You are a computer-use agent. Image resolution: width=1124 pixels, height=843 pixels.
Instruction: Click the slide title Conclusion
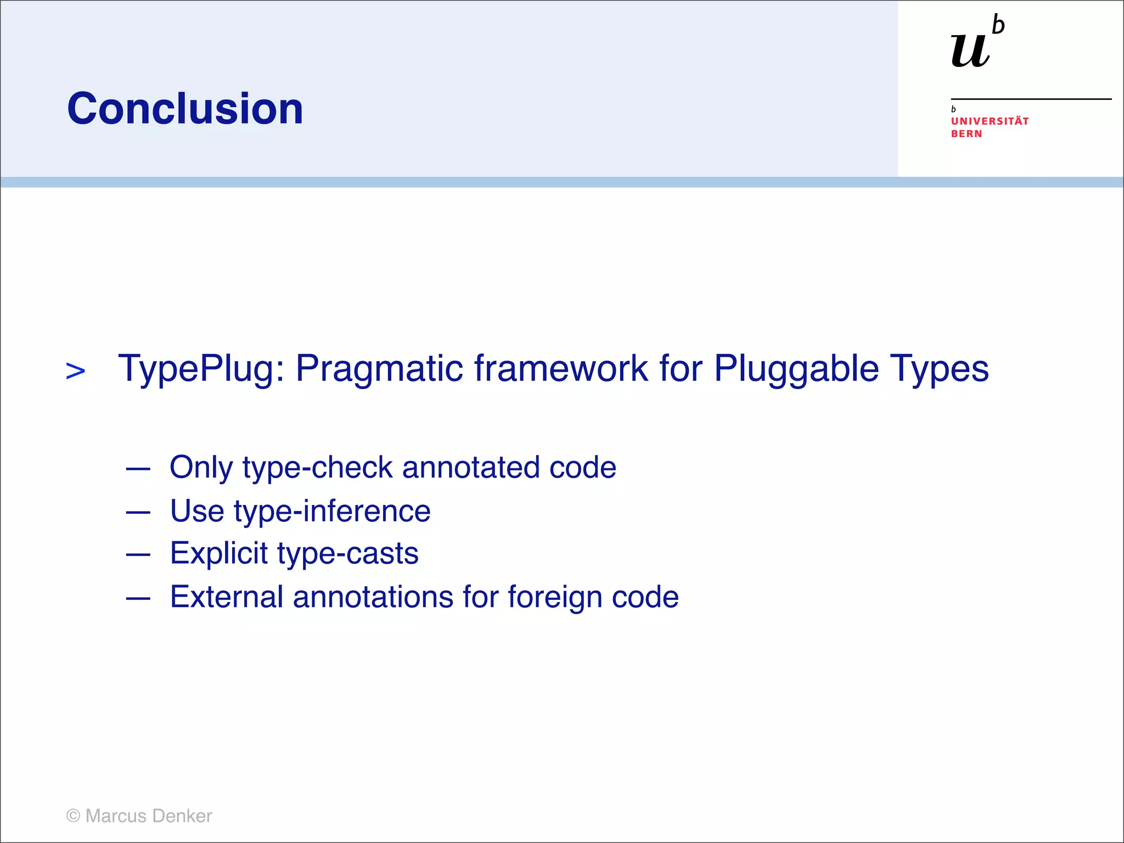tap(185, 109)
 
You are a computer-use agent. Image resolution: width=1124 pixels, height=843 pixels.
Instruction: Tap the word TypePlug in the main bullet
tap(200, 369)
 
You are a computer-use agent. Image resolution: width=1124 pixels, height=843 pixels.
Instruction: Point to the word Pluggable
tap(796, 369)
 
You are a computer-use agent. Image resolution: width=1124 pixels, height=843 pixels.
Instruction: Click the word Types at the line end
tap(939, 369)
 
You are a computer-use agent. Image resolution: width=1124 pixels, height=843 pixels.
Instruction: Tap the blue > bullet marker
tap(76, 371)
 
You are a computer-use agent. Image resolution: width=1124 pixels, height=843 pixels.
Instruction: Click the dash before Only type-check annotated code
tap(138, 469)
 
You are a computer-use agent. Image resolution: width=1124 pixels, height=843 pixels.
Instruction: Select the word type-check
tap(317, 468)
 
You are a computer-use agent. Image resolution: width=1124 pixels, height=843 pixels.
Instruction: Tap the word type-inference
tap(332, 512)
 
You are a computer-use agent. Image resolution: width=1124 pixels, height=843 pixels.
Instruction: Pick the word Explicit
tap(218, 553)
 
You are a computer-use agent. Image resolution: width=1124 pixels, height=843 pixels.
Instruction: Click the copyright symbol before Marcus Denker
tap(73, 816)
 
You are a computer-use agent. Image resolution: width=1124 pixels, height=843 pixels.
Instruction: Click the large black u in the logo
tap(970, 50)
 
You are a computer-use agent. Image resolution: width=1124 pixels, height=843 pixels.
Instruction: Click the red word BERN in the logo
tap(966, 134)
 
